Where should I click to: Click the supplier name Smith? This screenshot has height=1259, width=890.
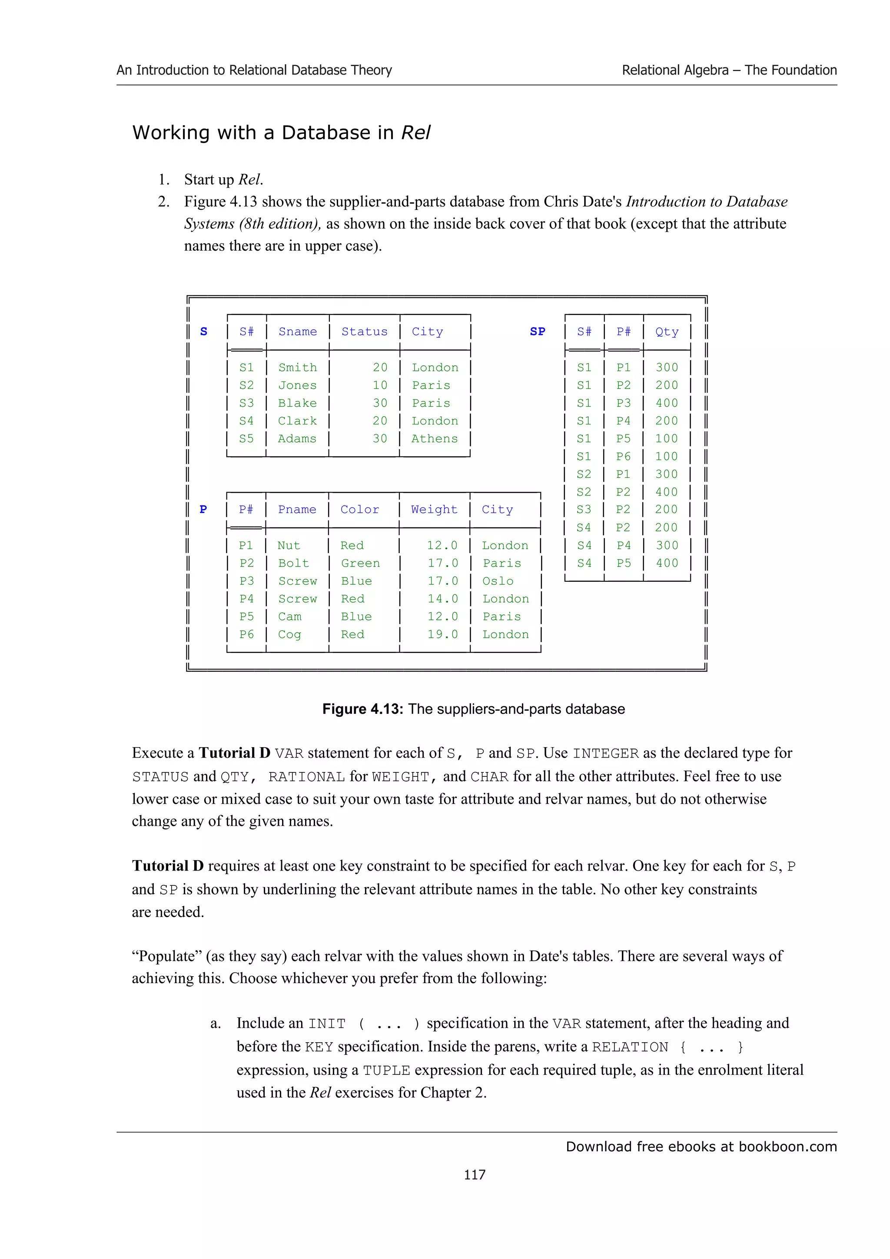tap(297, 368)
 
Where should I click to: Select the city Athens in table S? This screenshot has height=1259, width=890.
tap(434, 439)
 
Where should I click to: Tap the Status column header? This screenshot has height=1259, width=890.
tap(364, 332)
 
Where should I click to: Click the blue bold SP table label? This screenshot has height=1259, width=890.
tap(538, 332)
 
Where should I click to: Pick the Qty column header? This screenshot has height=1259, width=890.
tap(667, 332)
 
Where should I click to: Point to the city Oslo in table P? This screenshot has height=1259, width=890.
tap(498, 581)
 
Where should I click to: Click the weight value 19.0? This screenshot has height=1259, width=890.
tap(442, 634)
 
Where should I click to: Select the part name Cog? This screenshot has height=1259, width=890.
tap(289, 634)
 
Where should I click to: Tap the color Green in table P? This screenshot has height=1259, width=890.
tap(360, 563)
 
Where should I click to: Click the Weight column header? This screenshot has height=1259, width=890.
tap(434, 510)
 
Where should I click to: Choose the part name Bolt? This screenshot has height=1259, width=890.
tap(293, 563)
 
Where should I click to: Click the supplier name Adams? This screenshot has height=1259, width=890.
tap(297, 439)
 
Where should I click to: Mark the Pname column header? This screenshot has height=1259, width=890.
tap(297, 510)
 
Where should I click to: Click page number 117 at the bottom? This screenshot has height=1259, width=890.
tap(475, 1175)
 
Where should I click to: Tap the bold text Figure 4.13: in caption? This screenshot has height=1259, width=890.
tap(362, 709)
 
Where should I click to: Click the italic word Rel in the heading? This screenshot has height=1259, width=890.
tap(415, 133)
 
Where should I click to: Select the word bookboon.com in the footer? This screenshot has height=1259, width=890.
tap(787, 1146)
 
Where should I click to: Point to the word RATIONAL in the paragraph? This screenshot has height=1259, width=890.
tap(306, 777)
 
